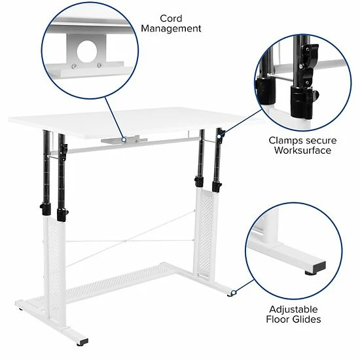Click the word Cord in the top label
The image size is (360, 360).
click(171, 18)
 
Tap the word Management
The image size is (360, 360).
click(171, 29)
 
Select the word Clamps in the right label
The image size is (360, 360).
click(285, 140)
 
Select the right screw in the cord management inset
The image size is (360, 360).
click(99, 65)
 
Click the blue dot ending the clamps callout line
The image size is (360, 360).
click(222, 134)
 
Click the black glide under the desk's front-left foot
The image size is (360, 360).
click(83, 342)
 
